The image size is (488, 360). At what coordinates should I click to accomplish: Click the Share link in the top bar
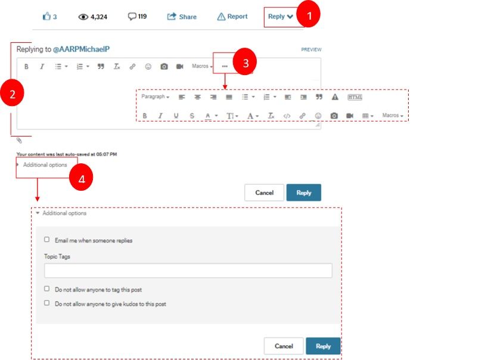pyautogui.click(x=182, y=17)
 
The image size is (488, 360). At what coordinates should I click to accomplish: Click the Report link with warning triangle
pyautogui.click(x=232, y=17)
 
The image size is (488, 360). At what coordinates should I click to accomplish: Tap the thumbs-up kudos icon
pyautogui.click(x=46, y=16)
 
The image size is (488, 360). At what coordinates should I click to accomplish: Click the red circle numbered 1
pyautogui.click(x=309, y=14)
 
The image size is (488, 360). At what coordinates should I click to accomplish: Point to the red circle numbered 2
pyautogui.click(x=12, y=94)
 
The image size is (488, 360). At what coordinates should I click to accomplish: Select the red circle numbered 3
pyautogui.click(x=245, y=61)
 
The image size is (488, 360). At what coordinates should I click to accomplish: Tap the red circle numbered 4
pyautogui.click(x=81, y=178)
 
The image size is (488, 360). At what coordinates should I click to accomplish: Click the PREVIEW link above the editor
pyautogui.click(x=311, y=49)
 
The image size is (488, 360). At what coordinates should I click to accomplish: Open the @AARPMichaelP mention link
pyautogui.click(x=81, y=49)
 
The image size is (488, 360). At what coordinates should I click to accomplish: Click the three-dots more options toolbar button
pyautogui.click(x=225, y=66)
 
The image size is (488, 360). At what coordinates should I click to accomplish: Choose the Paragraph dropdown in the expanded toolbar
pyautogui.click(x=156, y=97)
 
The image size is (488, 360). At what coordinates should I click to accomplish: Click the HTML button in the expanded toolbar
pyautogui.click(x=355, y=97)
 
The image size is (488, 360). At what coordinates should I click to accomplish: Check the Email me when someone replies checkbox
pyautogui.click(x=46, y=240)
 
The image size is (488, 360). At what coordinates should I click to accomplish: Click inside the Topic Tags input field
pyautogui.click(x=188, y=271)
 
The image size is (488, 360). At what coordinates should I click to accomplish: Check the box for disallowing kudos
pyautogui.click(x=46, y=303)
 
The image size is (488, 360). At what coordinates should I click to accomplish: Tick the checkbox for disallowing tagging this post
pyautogui.click(x=46, y=288)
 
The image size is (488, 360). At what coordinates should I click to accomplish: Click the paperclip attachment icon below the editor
pyautogui.click(x=19, y=141)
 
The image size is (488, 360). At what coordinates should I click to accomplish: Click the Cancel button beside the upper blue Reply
pyautogui.click(x=264, y=193)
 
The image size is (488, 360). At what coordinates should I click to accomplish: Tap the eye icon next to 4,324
pyautogui.click(x=83, y=17)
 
